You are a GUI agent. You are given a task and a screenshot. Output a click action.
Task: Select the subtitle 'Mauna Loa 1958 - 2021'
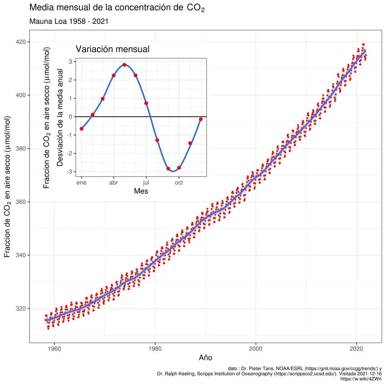click(x=68, y=21)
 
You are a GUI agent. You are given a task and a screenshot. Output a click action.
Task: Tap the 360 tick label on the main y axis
click(x=22, y=202)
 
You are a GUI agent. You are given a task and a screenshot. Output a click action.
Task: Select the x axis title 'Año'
click(x=205, y=357)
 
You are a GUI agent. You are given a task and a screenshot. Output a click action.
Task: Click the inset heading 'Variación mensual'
click(x=112, y=49)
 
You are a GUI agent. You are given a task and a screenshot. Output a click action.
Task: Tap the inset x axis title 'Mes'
click(x=141, y=191)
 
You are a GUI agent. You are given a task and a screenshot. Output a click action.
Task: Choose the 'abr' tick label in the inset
click(x=113, y=182)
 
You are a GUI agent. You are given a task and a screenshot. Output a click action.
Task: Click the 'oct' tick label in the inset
click(x=179, y=182)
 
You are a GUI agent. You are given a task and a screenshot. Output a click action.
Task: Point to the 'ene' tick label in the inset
click(x=81, y=182)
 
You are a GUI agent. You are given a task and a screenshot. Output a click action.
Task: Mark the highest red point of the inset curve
click(x=125, y=64)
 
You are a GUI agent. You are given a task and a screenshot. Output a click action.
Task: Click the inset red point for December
click(x=201, y=119)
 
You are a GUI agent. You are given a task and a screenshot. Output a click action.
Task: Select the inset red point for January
click(x=81, y=129)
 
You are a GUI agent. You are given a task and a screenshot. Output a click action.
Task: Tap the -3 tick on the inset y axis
click(x=71, y=172)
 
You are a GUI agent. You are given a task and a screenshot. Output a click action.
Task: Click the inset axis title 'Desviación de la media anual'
click(x=60, y=118)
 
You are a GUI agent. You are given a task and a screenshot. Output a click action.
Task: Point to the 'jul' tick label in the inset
click(x=146, y=182)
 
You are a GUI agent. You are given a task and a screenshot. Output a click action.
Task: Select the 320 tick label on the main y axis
click(x=22, y=309)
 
